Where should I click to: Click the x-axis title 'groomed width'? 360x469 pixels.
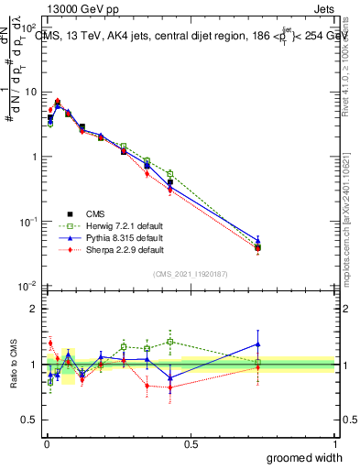click(300, 457)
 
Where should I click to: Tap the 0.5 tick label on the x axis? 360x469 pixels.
click(190, 444)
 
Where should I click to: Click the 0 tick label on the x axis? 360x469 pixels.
click(45, 444)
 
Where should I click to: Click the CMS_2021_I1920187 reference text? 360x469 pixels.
click(189, 273)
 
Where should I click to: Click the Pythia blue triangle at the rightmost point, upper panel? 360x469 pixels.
click(257, 241)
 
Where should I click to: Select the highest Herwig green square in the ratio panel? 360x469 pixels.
click(170, 342)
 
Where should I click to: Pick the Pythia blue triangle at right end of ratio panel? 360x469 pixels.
click(257, 344)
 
